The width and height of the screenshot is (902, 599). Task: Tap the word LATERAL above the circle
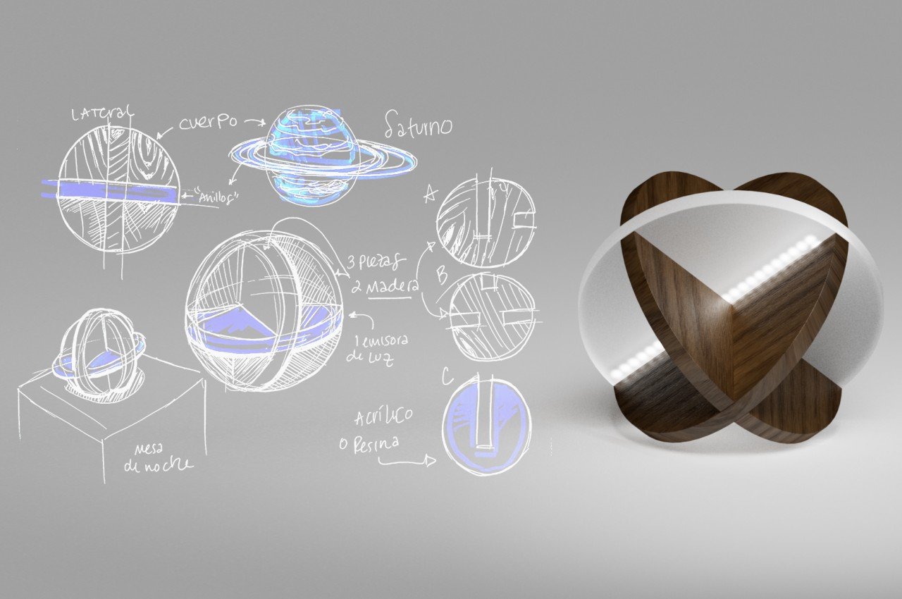tap(103, 114)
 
